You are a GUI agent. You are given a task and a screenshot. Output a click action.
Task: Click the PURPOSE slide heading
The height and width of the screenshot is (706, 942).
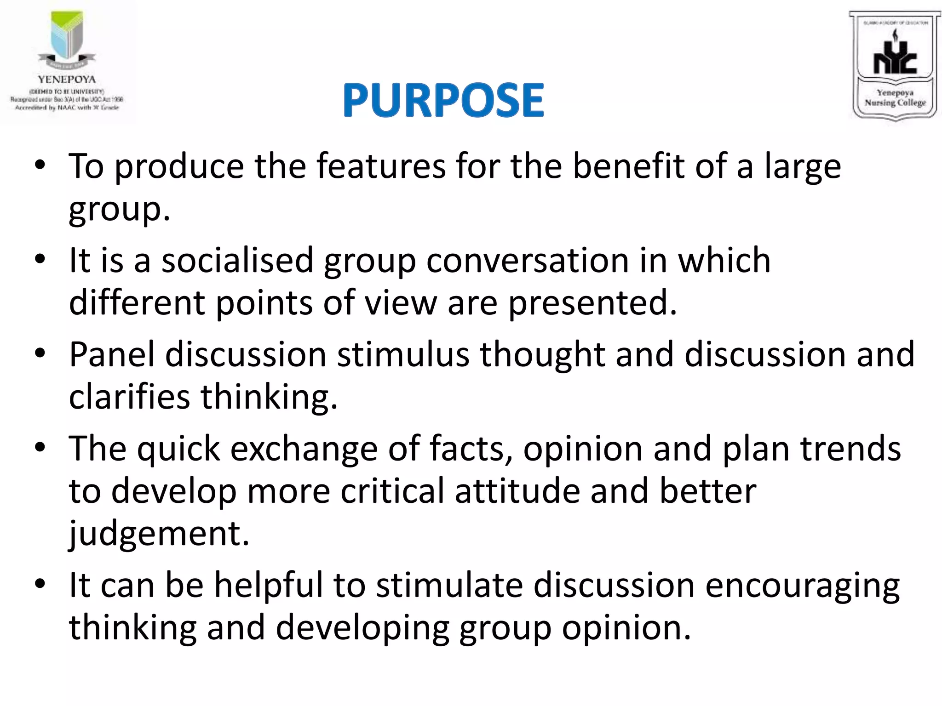coord(443,100)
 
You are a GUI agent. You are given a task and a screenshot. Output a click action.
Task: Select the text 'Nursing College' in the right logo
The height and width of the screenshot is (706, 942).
coord(895,102)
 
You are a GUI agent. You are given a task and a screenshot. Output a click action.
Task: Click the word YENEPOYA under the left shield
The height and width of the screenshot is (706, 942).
coord(67,79)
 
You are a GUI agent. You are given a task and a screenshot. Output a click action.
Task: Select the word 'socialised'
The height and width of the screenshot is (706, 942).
coord(237,260)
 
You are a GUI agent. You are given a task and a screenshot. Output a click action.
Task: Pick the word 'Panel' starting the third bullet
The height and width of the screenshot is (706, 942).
coord(111,354)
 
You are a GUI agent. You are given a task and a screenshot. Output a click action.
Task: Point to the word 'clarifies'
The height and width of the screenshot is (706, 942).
coord(129,397)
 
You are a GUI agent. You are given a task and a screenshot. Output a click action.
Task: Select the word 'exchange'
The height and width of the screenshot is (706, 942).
coord(304,449)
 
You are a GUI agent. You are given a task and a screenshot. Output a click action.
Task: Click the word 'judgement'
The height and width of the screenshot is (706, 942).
coord(159,533)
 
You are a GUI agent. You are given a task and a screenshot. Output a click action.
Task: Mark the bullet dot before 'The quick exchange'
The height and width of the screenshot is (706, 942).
coord(40,447)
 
